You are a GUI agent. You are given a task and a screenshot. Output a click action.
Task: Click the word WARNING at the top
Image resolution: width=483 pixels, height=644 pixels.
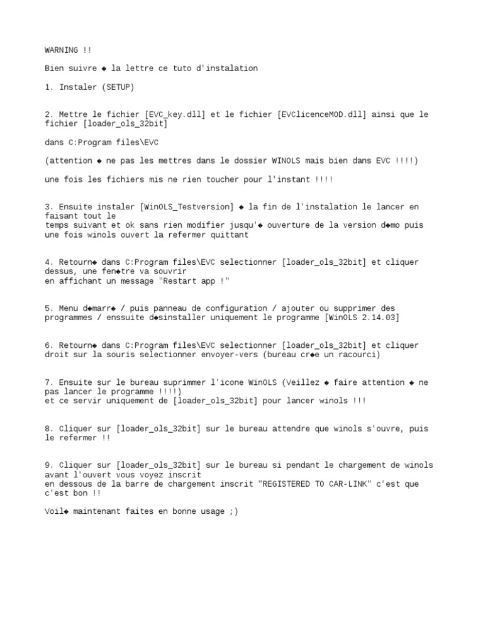(61, 50)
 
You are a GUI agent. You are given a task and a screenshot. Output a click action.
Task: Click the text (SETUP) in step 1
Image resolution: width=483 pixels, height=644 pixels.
(118, 87)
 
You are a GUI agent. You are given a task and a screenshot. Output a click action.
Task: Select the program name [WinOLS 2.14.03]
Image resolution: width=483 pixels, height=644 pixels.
(362, 318)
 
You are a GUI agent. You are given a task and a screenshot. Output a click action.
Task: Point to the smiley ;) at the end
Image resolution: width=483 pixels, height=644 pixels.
(234, 512)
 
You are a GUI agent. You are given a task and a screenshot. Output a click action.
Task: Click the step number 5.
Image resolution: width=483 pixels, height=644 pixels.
(48, 309)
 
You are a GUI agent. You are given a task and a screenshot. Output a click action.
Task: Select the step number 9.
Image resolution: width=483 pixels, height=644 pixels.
(48, 465)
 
